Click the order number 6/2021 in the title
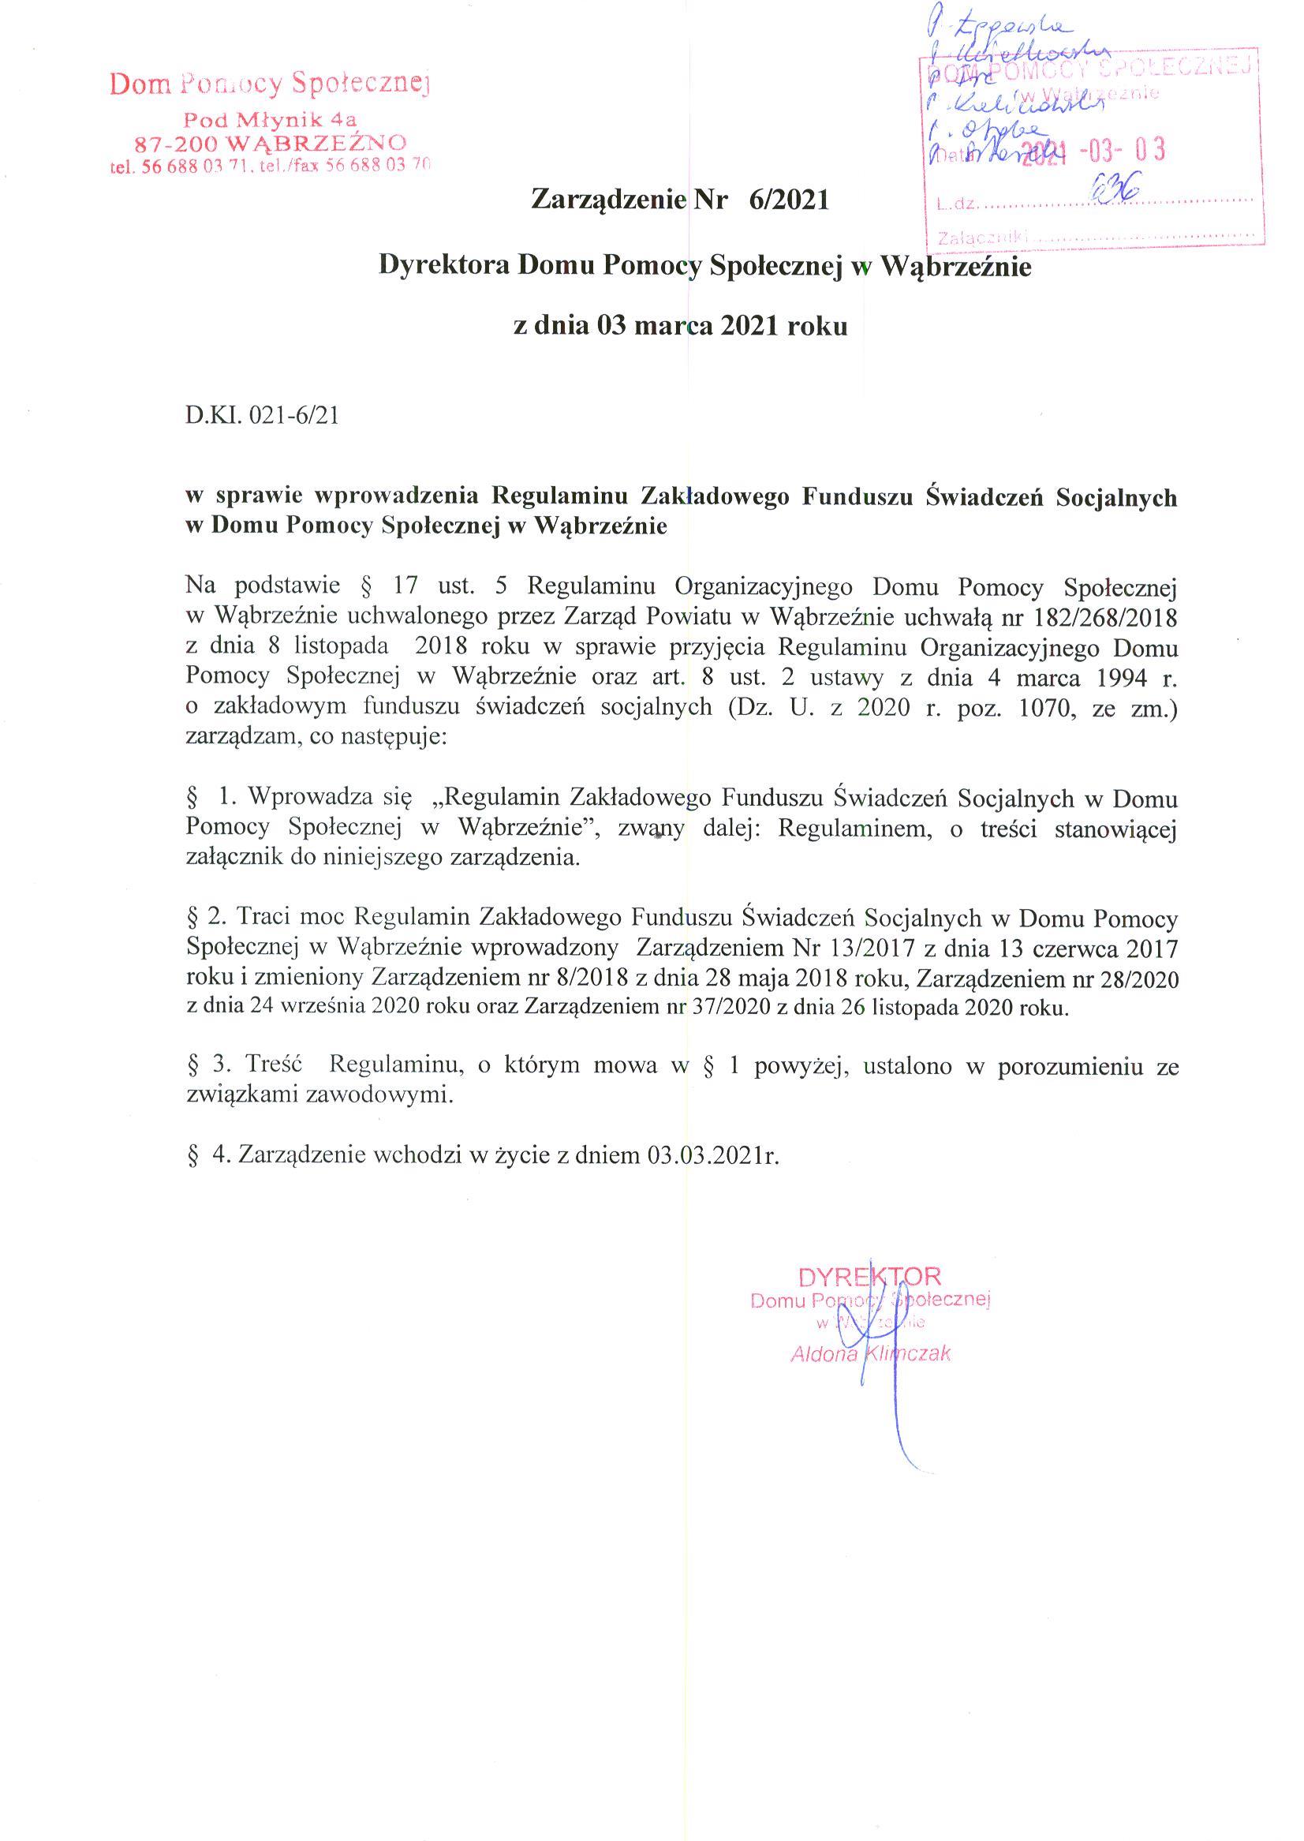pos(788,200)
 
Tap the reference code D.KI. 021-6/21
pos(262,416)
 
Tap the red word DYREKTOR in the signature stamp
pos(869,1276)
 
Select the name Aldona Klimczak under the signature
pos(870,1353)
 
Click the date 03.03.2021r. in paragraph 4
pos(712,1155)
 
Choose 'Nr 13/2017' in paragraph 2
pos(854,949)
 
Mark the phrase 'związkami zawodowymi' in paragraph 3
pos(319,1094)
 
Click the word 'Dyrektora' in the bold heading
pos(444,266)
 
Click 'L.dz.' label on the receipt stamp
pos(956,204)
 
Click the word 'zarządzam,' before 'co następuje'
pos(238,736)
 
